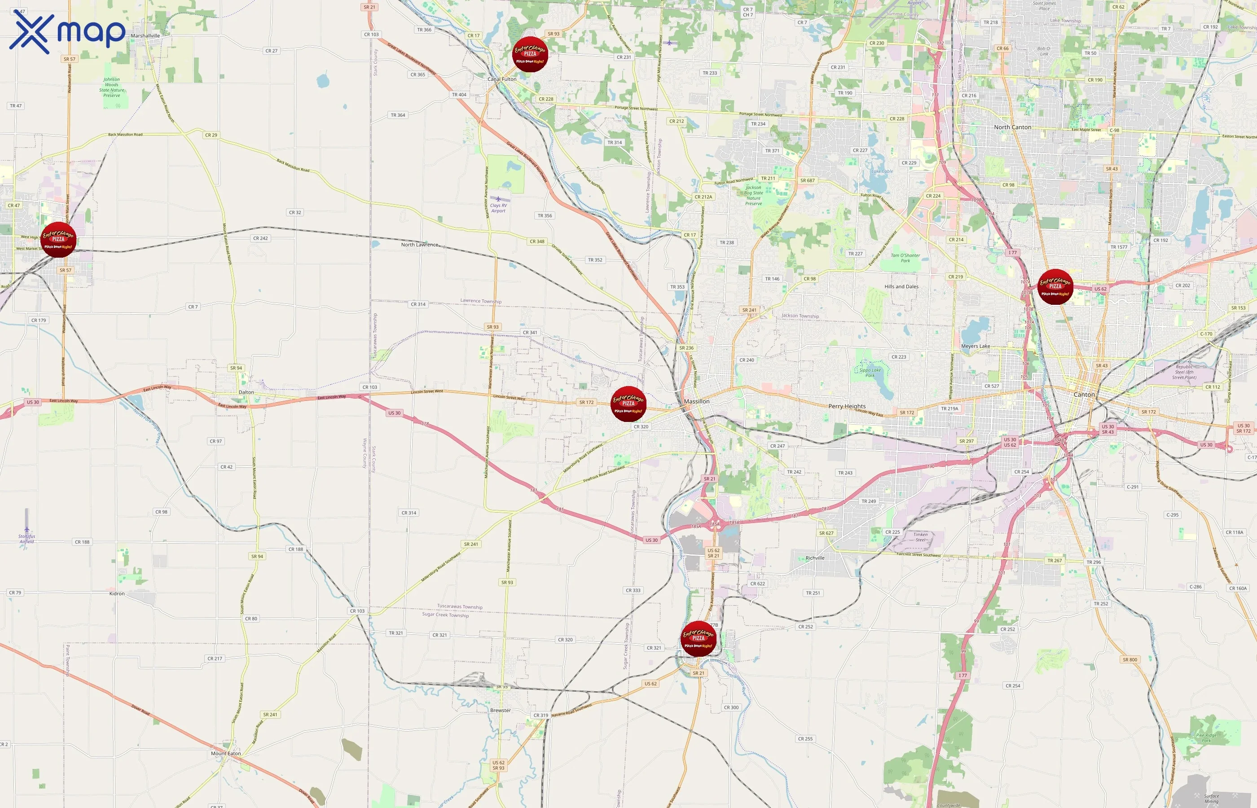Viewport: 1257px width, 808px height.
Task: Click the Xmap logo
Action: pos(67,32)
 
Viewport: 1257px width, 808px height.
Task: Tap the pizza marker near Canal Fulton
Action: pos(530,54)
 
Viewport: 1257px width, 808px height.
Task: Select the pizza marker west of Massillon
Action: pos(628,404)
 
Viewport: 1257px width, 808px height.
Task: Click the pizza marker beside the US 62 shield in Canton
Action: pos(1055,286)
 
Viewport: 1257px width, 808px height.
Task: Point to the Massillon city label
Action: pos(697,401)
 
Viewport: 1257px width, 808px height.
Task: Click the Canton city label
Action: pos(1084,395)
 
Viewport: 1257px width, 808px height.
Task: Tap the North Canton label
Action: pos(1012,127)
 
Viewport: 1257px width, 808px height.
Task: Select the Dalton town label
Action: pos(246,392)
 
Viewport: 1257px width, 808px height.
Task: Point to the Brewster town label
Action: pos(500,711)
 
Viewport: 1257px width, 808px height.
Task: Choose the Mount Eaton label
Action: pos(226,753)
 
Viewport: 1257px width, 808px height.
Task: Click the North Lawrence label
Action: pos(419,245)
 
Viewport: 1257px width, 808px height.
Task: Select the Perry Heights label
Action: pos(847,406)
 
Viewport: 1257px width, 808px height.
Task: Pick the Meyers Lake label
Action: pos(975,346)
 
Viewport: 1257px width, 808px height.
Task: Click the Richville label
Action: pos(815,558)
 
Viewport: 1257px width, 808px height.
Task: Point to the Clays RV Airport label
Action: pos(498,208)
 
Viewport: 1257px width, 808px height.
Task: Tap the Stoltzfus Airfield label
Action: pos(27,539)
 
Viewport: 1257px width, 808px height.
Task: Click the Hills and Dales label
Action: pos(901,286)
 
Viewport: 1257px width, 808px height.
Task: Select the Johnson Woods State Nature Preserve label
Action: pos(112,87)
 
